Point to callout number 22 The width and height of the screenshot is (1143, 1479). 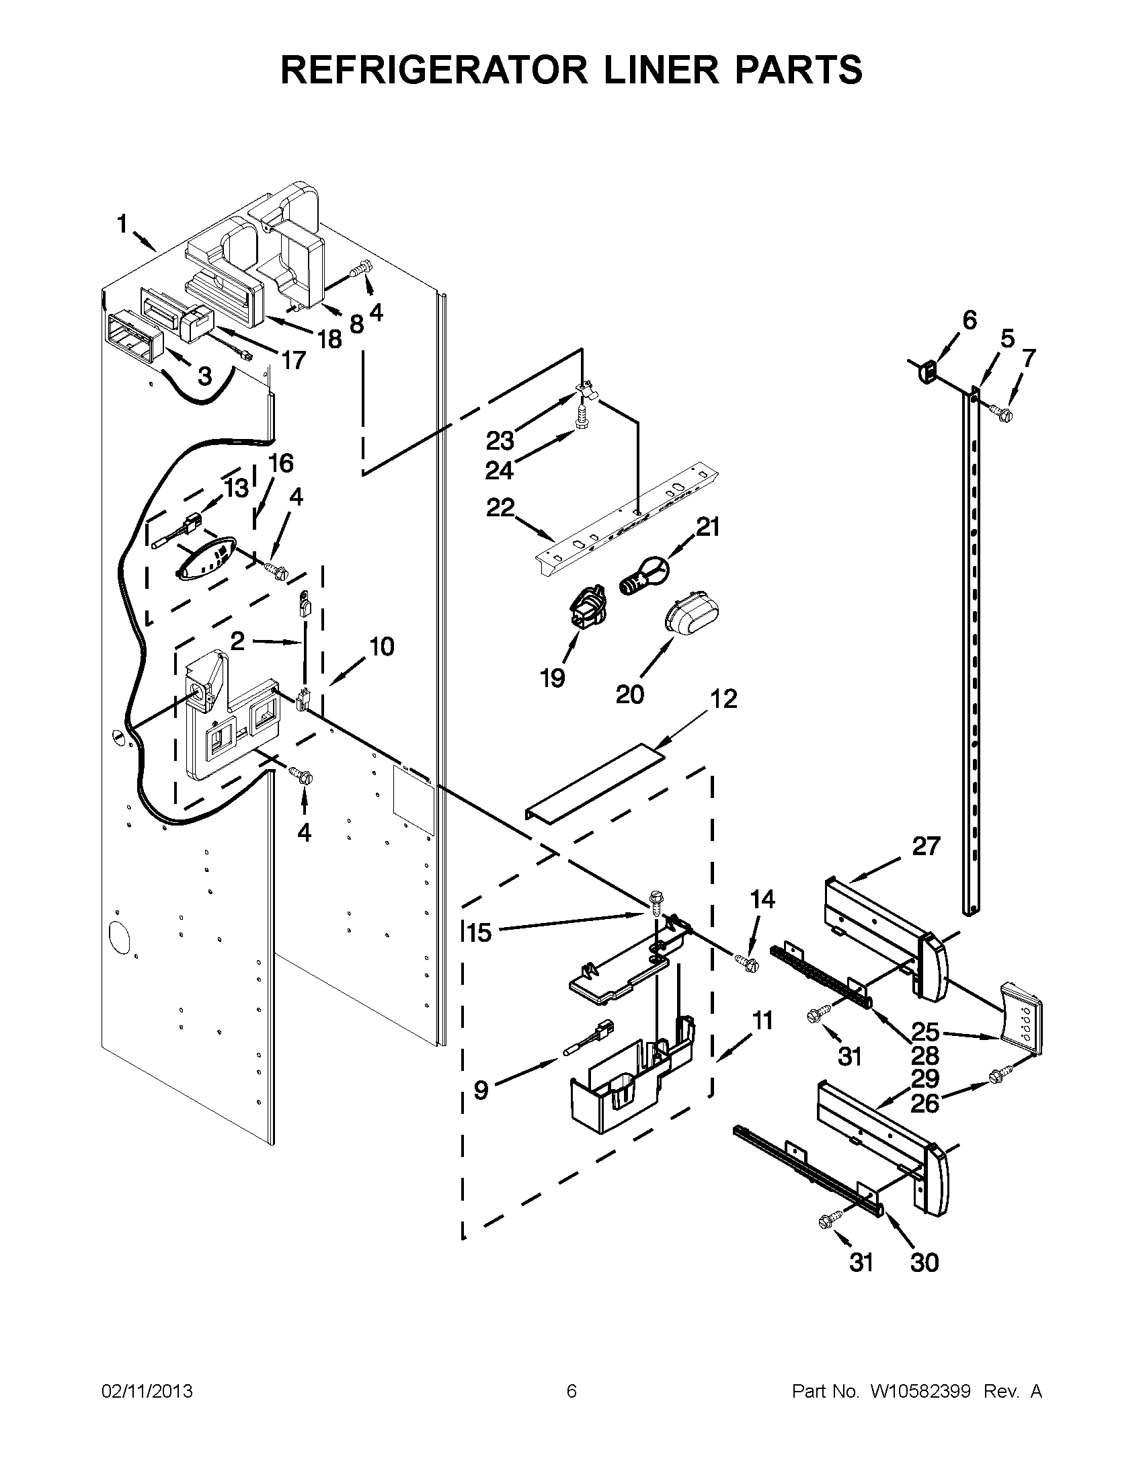[x=500, y=508]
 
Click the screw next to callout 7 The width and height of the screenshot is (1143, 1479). [x=999, y=411]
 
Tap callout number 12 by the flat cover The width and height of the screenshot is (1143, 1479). [x=724, y=699]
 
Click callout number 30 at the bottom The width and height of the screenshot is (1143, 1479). [x=924, y=1263]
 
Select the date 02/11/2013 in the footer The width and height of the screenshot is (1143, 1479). [x=147, y=1391]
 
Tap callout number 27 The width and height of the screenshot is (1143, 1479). [x=926, y=846]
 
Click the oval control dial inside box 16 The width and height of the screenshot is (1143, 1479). [x=206, y=559]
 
